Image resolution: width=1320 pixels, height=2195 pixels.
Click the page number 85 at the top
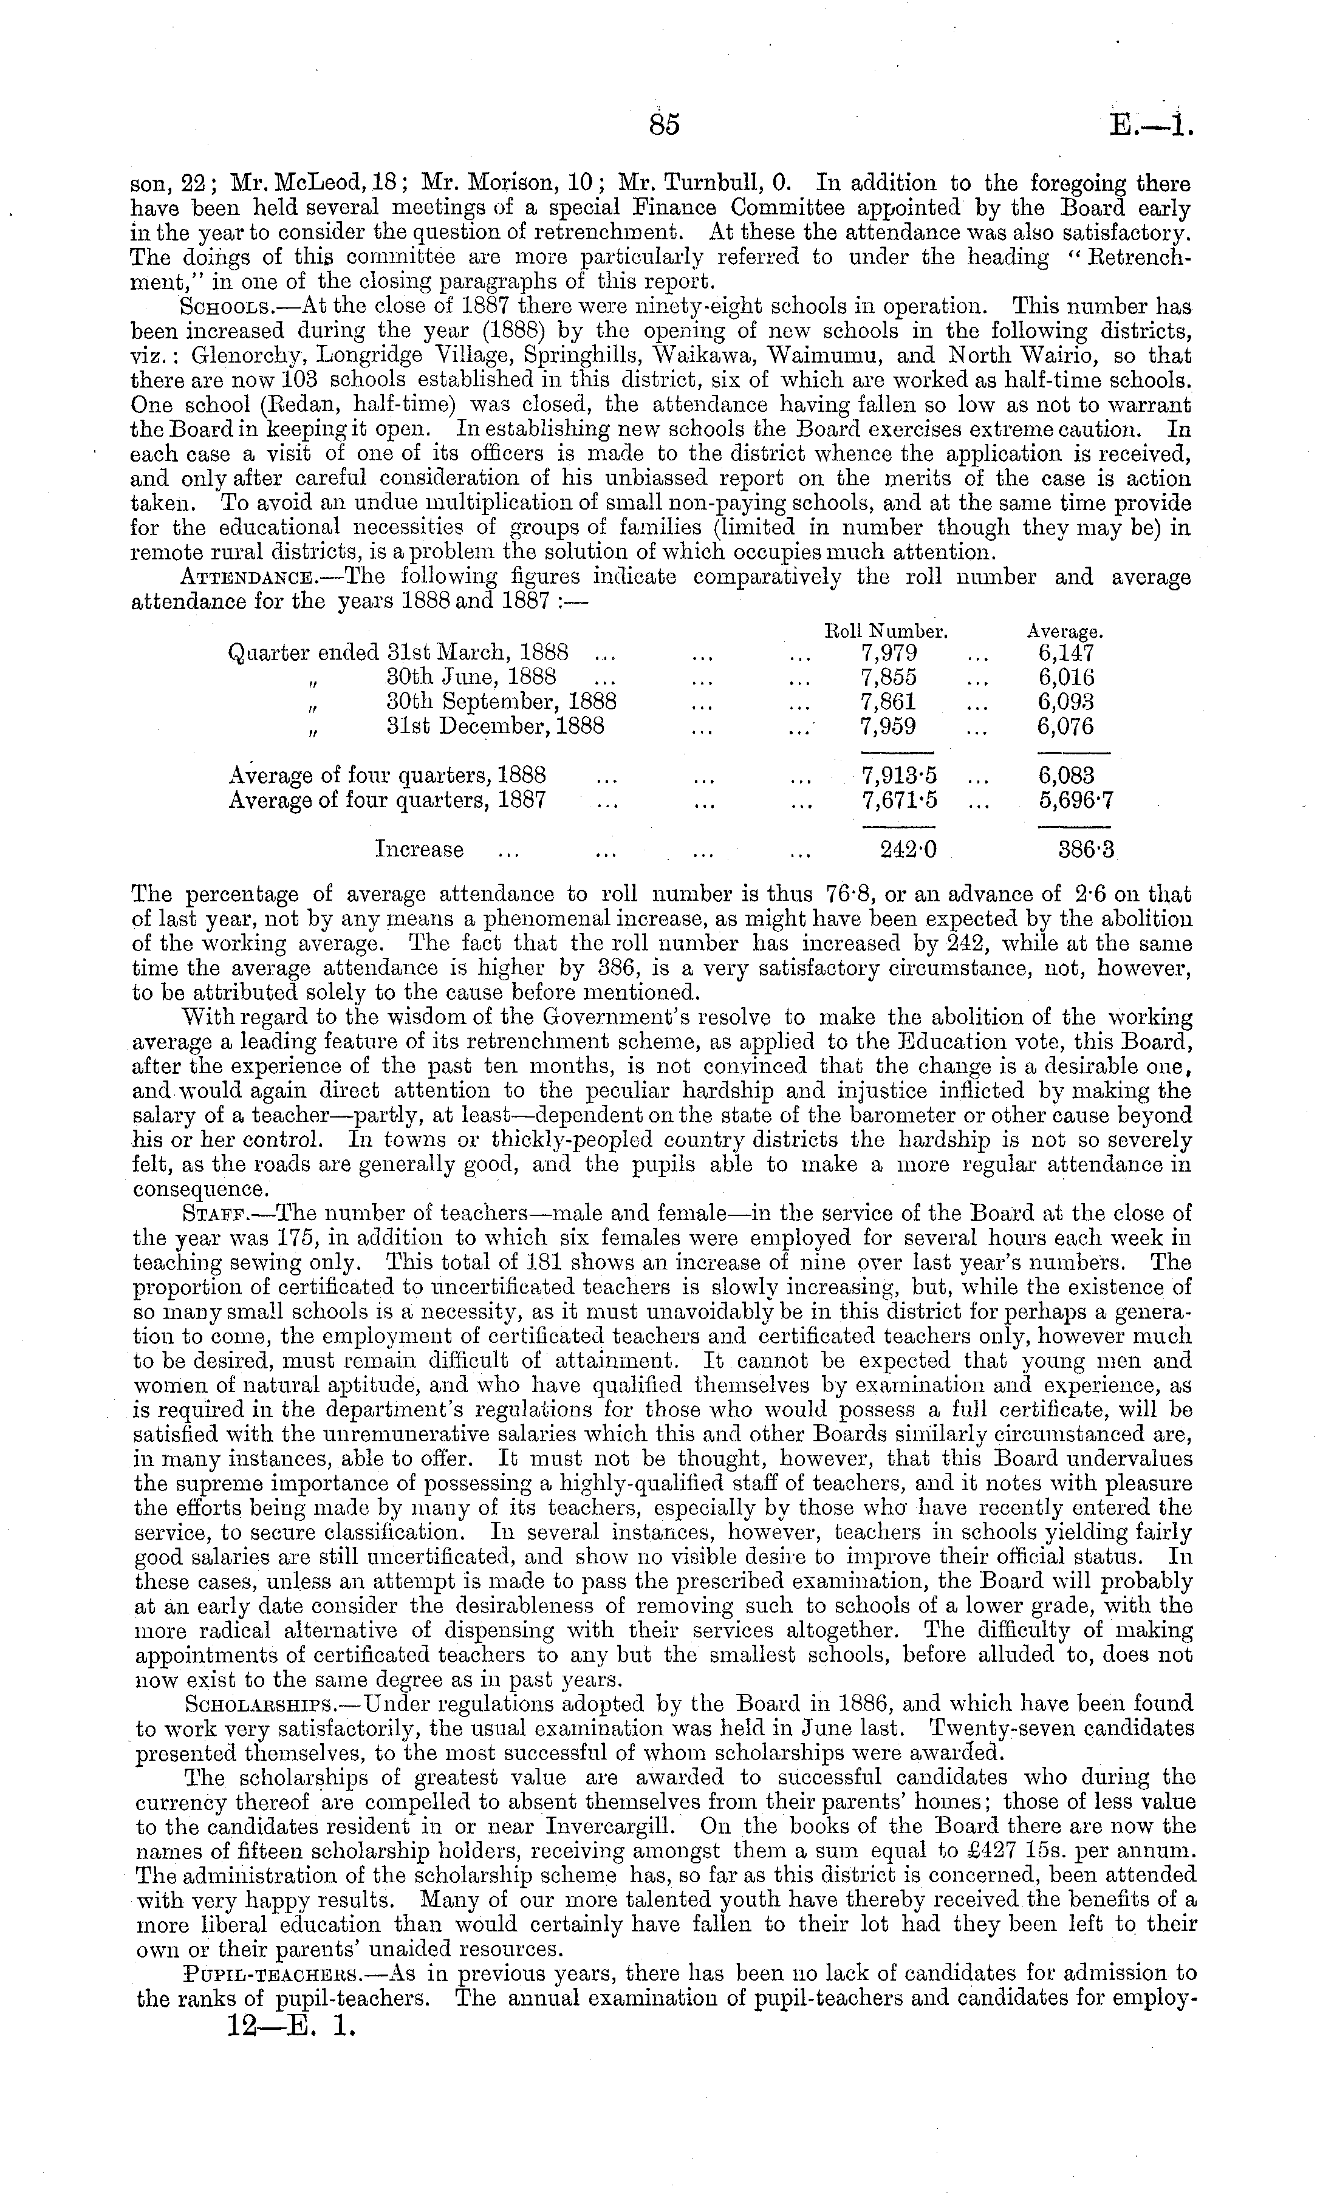[x=665, y=125]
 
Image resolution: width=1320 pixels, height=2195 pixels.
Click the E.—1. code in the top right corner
[x=1148, y=125]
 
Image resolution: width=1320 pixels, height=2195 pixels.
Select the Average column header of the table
[x=1065, y=632]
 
